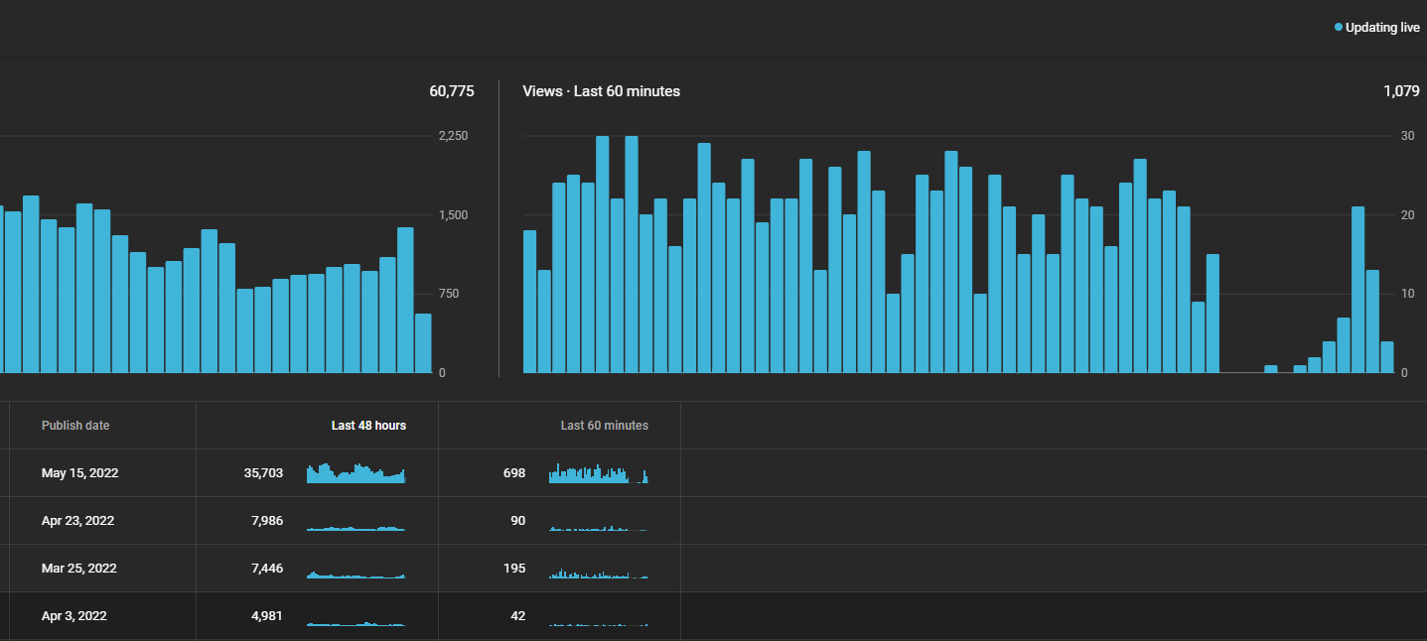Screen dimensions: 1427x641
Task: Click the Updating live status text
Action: point(1382,28)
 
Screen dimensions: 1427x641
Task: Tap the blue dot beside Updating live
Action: point(1339,27)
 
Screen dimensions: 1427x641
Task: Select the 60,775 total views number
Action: point(452,91)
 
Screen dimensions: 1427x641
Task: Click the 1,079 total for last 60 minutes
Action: point(1401,91)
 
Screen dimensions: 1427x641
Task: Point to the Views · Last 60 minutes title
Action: point(602,91)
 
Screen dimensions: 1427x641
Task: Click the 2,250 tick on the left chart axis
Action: point(453,136)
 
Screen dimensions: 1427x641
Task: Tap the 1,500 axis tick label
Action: point(453,215)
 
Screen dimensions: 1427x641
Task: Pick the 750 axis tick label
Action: point(449,294)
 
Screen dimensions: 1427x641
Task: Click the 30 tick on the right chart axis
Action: point(1408,136)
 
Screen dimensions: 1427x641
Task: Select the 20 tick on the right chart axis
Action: point(1408,215)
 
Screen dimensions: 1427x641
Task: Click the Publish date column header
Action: point(75,426)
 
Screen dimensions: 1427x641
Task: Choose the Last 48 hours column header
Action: point(368,426)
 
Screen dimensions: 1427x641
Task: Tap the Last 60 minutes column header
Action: point(605,426)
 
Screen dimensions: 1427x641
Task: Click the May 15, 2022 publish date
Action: point(79,473)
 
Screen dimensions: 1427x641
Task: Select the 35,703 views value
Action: point(263,473)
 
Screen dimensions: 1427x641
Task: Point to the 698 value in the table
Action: point(514,473)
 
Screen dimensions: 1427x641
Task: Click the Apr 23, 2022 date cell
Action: point(77,521)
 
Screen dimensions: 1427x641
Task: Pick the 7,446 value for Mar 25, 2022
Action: point(267,569)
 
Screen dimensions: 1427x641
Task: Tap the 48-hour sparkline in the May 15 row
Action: point(357,473)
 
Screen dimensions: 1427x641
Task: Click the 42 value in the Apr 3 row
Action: point(518,616)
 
